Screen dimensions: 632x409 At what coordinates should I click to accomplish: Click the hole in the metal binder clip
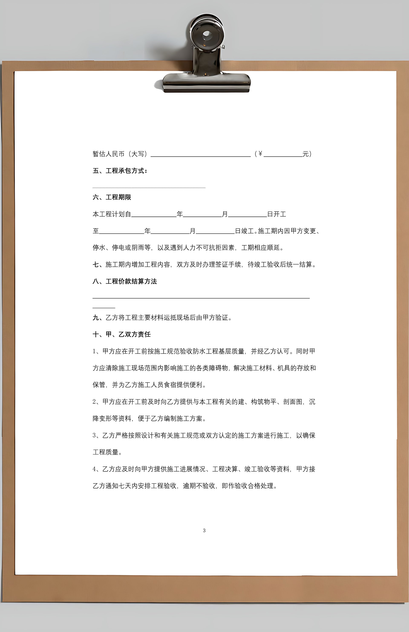point(207,35)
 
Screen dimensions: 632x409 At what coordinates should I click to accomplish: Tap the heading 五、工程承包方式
point(120,171)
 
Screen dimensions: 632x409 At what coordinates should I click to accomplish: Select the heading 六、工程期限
point(112,197)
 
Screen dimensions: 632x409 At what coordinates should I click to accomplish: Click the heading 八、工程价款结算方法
point(125,281)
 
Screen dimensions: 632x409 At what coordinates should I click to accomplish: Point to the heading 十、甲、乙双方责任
point(122,334)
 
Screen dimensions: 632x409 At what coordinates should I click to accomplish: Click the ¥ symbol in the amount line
point(260,154)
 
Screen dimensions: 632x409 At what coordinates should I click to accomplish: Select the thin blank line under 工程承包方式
point(149,188)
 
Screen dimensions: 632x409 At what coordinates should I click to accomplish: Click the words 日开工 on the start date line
point(277,214)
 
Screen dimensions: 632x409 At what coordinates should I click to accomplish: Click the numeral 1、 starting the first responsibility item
point(96,351)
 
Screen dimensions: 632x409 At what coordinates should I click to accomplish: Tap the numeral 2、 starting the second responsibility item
point(96,402)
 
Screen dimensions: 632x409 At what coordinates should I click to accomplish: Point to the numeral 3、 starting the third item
point(96,435)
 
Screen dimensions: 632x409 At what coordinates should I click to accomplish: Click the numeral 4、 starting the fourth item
point(96,469)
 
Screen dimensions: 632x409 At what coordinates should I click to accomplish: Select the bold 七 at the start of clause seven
point(96,265)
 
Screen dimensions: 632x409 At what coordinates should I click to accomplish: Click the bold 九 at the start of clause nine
point(96,317)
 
